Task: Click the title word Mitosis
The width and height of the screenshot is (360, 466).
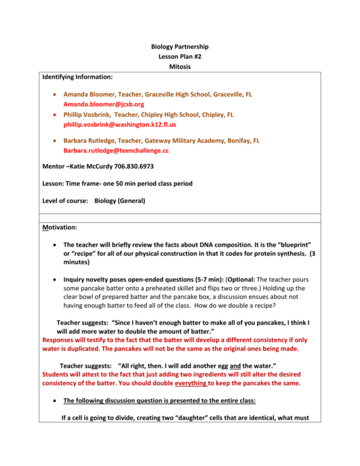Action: (180, 67)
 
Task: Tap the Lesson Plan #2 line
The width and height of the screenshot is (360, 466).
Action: (180, 57)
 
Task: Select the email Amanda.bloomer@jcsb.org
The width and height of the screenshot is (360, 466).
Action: (104, 104)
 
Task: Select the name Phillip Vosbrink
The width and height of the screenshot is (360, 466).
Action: (86, 114)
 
